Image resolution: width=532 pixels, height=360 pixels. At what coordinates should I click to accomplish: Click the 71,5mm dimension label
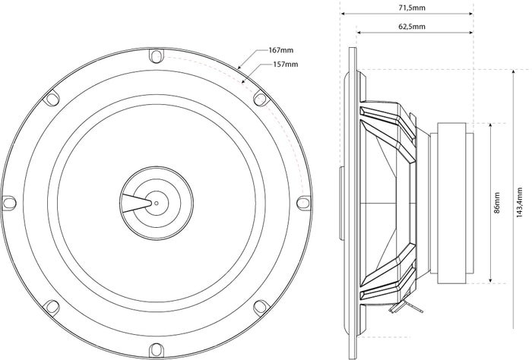412,8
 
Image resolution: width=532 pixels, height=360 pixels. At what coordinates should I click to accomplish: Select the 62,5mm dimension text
412,27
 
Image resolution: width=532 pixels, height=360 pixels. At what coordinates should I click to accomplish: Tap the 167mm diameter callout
281,50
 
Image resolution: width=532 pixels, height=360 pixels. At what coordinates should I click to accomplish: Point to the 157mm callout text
286,64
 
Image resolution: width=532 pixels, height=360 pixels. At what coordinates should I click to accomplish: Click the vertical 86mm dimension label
497,202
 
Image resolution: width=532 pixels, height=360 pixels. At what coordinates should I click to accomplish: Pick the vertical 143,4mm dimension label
519,202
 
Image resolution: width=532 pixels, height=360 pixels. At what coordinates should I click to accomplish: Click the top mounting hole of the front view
157,56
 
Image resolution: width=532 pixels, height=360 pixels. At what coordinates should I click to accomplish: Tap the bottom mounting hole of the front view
157,350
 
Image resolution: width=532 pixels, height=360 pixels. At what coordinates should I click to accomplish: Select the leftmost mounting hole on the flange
9,203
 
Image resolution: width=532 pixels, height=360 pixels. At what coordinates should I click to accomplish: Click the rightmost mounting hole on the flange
303,203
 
